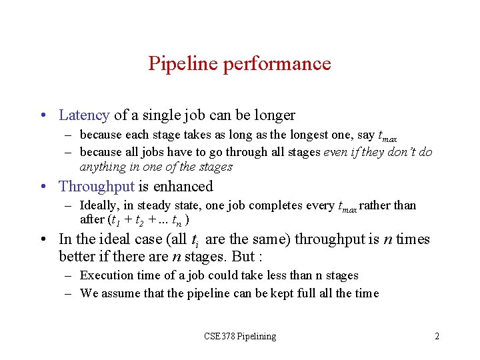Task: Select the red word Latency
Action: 84,115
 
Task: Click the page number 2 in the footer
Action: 437,336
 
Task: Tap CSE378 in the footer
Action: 219,336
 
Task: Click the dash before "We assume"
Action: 69,293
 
